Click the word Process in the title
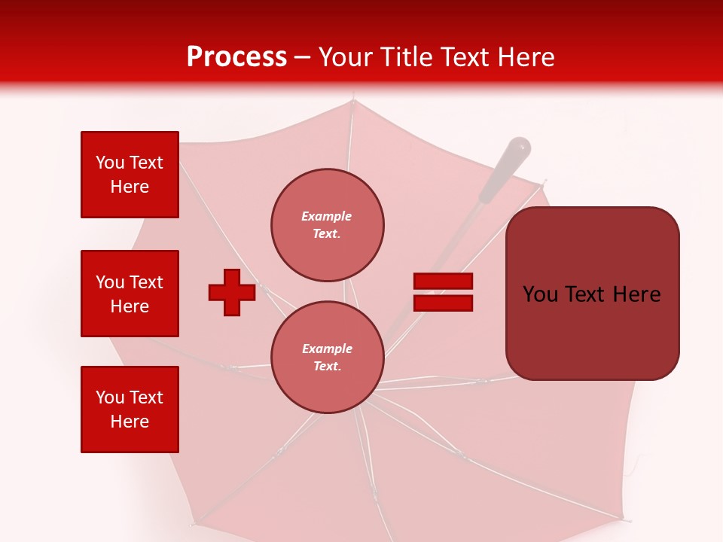click(x=236, y=57)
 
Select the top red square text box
click(x=130, y=175)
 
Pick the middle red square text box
click(x=130, y=294)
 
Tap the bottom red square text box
click(x=130, y=410)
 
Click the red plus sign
click(x=232, y=292)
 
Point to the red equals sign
click(x=443, y=292)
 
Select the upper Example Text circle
click(x=328, y=225)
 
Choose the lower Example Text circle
click(x=328, y=357)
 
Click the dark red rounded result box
click(x=593, y=294)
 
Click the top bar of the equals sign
click(x=443, y=282)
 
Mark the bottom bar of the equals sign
click(x=443, y=303)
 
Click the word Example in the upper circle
click(x=327, y=216)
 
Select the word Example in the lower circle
click(x=327, y=349)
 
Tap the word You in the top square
click(x=110, y=163)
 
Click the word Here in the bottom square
click(x=130, y=422)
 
